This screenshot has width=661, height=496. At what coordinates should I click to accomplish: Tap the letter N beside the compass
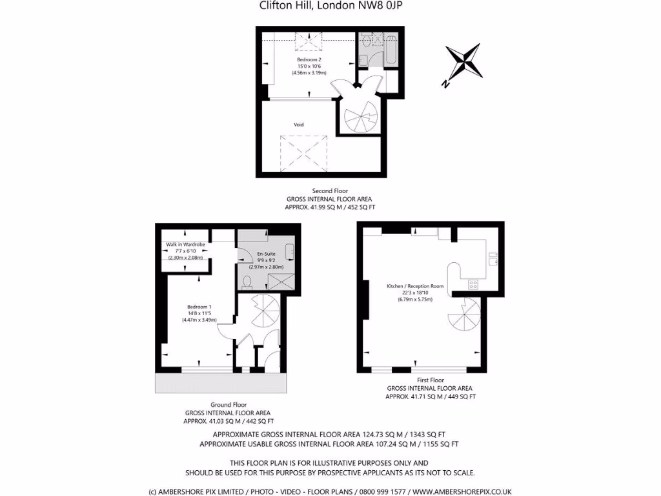tap(445, 83)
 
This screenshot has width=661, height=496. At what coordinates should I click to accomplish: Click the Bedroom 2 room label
tap(309, 59)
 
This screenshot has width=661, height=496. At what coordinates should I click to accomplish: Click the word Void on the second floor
tap(299, 125)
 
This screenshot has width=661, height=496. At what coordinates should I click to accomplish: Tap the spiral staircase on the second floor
tap(359, 117)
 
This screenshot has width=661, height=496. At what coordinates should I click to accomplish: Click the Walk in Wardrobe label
tap(186, 245)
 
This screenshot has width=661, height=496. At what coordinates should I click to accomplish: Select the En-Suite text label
tap(266, 254)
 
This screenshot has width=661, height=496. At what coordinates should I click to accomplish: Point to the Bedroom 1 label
tap(199, 307)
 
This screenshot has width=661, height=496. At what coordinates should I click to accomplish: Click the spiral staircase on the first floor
tap(465, 315)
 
